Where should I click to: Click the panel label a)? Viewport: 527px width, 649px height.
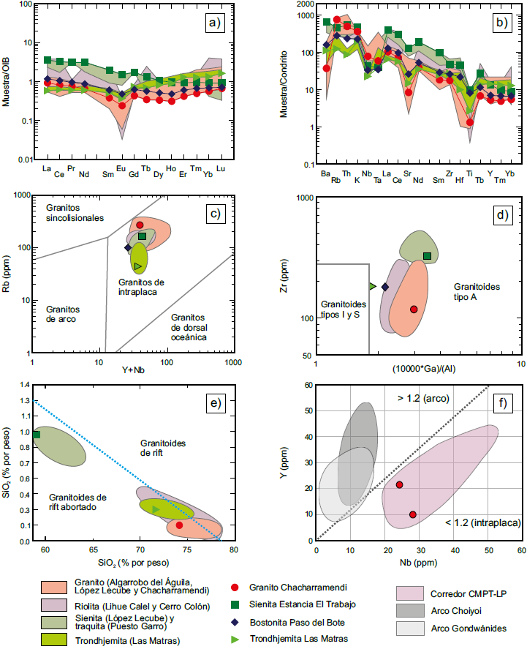(x=213, y=23)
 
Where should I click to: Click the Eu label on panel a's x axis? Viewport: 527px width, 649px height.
(x=122, y=168)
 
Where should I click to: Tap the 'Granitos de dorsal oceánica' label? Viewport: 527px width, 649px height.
(x=189, y=327)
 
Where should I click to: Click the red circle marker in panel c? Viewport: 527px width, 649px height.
(x=140, y=225)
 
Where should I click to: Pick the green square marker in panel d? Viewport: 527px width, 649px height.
(x=428, y=255)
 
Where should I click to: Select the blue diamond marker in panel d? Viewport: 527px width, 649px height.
(x=385, y=287)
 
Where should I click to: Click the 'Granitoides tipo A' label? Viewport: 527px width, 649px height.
(x=477, y=292)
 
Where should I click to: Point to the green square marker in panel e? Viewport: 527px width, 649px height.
(x=37, y=435)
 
